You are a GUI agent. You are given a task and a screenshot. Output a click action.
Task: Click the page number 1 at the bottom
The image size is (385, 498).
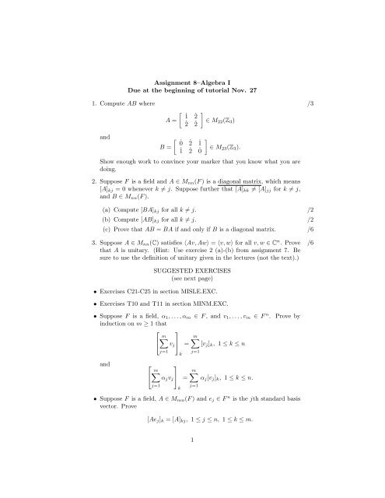(191, 482)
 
